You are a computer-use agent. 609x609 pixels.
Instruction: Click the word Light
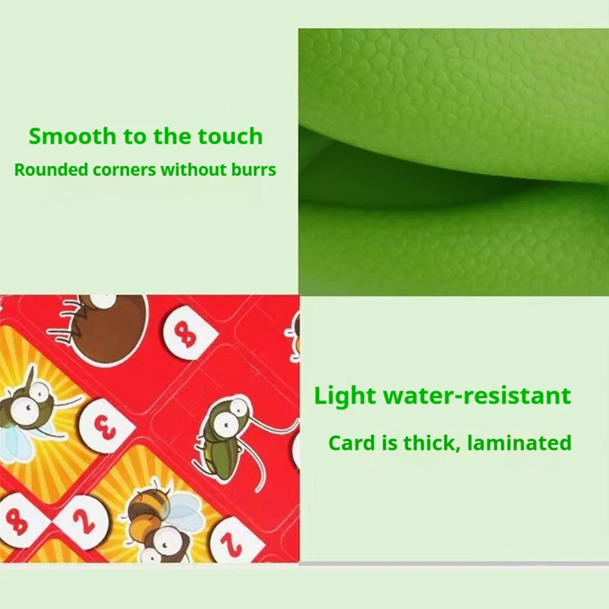point(344,396)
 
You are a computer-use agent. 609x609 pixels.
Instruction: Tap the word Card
point(348,442)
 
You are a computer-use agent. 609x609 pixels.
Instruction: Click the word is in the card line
point(385,442)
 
